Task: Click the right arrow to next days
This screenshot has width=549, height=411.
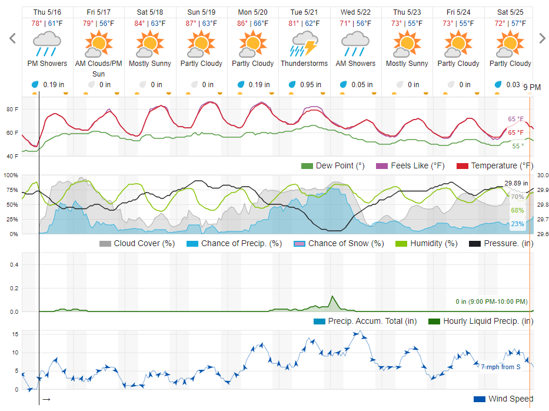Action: click(542, 39)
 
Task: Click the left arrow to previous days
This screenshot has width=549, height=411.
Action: click(12, 39)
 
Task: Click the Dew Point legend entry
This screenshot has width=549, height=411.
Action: click(332, 165)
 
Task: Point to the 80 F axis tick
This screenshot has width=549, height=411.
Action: click(12, 109)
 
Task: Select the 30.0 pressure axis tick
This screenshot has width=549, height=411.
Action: click(543, 175)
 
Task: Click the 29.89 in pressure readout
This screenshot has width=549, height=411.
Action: click(516, 183)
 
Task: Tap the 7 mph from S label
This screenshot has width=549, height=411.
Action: click(500, 367)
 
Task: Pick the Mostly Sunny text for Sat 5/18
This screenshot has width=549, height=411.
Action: click(150, 64)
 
